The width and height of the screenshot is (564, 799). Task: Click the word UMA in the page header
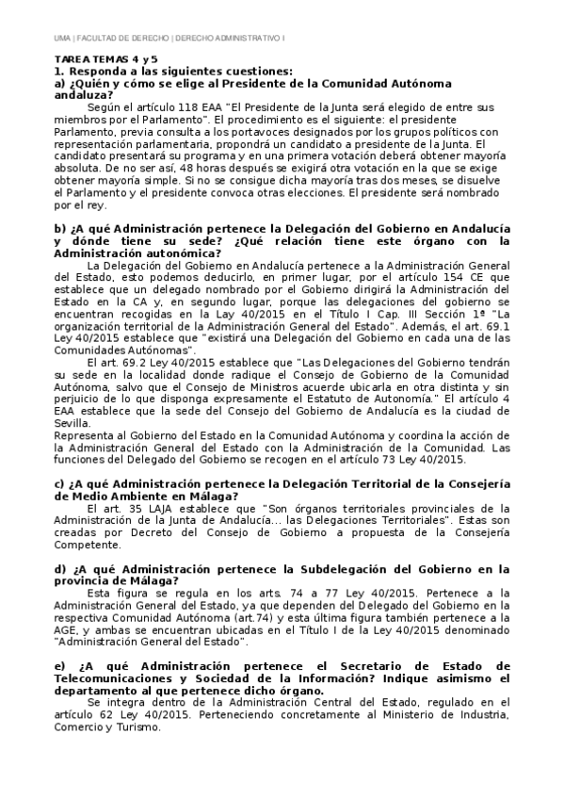(63, 38)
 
